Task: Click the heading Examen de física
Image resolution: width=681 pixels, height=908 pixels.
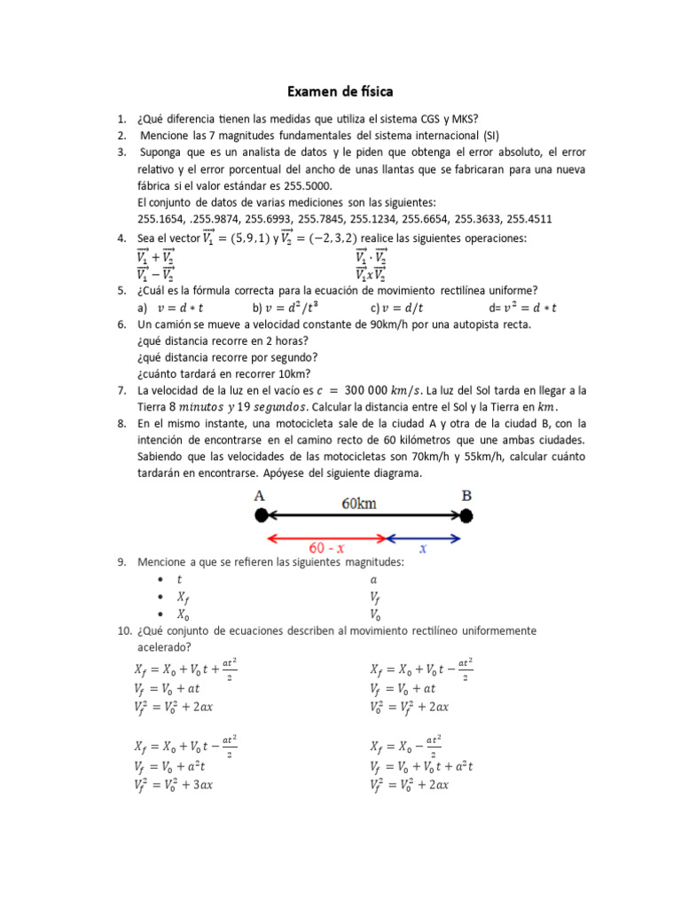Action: [x=340, y=91]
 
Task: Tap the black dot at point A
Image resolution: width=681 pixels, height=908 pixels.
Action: [x=261, y=515]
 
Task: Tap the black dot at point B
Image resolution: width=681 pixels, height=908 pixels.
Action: [x=466, y=515]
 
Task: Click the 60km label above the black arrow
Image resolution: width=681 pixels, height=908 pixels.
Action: [x=359, y=503]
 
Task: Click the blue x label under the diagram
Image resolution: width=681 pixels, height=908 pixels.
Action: [x=423, y=549]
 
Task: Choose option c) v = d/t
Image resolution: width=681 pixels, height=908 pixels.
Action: [x=397, y=308]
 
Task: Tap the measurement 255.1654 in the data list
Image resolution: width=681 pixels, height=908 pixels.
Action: [x=161, y=219]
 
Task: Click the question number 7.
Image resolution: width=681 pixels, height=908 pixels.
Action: [x=121, y=390]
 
